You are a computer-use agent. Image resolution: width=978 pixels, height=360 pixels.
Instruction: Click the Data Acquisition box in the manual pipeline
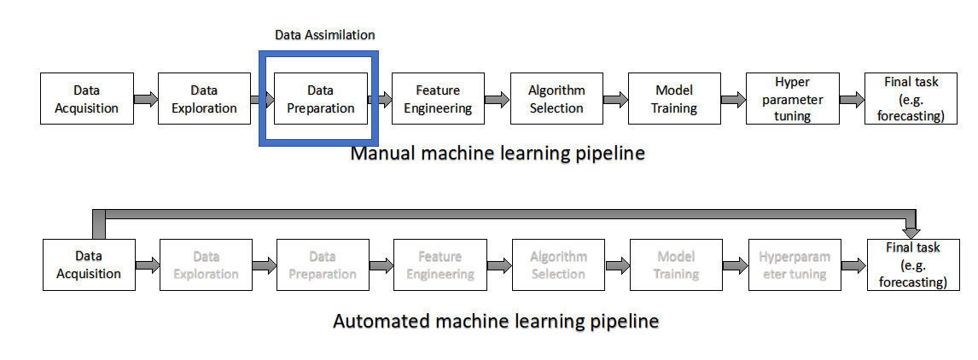86,99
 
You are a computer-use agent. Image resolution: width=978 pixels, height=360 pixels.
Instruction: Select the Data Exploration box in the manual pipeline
204,99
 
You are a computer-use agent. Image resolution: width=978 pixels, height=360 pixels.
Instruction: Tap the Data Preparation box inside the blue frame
320,99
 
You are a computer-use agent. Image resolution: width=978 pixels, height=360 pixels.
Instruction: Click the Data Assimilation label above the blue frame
324,35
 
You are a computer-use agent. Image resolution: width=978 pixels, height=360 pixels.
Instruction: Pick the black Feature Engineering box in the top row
438,99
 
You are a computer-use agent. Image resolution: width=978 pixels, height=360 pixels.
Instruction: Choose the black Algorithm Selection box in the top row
556,99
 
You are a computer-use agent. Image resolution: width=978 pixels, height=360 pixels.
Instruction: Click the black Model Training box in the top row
674,99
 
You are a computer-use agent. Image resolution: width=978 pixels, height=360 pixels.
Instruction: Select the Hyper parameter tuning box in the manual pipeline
792,99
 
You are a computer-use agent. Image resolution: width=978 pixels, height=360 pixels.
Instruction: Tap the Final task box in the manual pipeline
911,99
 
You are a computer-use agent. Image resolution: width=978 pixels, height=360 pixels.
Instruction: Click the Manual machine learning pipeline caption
498,154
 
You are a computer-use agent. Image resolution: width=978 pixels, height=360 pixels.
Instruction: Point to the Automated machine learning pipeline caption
496,322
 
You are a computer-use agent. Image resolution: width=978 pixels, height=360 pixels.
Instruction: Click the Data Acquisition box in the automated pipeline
89,264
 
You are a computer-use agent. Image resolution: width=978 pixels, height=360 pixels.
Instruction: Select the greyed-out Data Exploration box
206,264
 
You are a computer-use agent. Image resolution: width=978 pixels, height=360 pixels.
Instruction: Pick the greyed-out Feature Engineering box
440,264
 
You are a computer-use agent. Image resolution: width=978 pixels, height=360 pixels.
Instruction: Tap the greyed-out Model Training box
676,264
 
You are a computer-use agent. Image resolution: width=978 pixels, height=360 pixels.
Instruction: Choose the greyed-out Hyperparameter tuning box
794,264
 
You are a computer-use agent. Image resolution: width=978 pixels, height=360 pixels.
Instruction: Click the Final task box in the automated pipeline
911,264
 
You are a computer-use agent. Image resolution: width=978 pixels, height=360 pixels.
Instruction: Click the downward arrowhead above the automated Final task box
911,230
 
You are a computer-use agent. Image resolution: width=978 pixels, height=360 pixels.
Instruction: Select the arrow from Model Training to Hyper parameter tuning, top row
733,100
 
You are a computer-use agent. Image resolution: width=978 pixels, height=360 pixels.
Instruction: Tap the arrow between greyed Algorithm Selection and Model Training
617,265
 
